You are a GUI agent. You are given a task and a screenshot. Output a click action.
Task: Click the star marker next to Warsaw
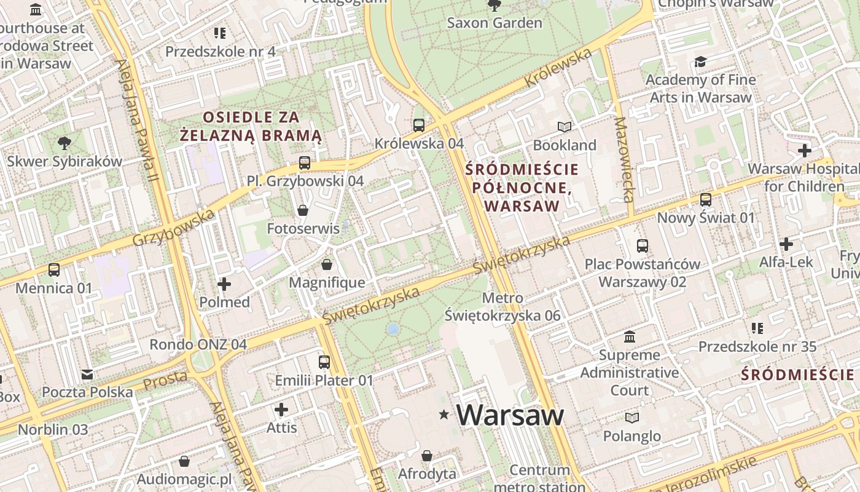(444, 415)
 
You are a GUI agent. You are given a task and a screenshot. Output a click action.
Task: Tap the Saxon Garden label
(495, 23)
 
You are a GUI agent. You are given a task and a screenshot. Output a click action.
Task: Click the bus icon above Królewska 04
(419, 125)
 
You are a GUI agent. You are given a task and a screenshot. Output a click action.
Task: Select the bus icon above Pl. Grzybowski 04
(305, 163)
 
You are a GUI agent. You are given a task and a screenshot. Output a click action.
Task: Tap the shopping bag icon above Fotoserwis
(303, 210)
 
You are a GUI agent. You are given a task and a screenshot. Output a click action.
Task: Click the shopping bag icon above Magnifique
(327, 264)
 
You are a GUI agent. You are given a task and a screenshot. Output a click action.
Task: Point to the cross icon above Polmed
(224, 284)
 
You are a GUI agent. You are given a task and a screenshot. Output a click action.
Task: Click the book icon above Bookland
(565, 127)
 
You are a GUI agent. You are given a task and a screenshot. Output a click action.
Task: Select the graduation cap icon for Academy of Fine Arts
(700, 61)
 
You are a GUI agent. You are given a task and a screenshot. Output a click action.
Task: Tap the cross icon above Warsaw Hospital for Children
(804, 151)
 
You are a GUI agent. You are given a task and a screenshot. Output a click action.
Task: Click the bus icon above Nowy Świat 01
(706, 200)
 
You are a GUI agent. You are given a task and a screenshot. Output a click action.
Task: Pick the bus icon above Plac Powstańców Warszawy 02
(643, 246)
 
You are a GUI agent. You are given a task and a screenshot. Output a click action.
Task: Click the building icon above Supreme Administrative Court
(630, 337)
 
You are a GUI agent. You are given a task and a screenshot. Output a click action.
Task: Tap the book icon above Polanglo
(631, 418)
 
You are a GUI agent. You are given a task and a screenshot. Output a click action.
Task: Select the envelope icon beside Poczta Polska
(87, 374)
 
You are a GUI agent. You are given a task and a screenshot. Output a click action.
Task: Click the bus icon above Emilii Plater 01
(324, 362)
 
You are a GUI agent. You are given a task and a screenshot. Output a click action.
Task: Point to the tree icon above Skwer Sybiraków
(64, 144)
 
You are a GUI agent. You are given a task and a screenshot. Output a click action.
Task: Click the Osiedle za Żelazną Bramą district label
(251, 126)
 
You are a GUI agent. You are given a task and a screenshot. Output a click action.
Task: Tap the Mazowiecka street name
(623, 160)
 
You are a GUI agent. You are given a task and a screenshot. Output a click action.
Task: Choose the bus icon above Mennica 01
(54, 270)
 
